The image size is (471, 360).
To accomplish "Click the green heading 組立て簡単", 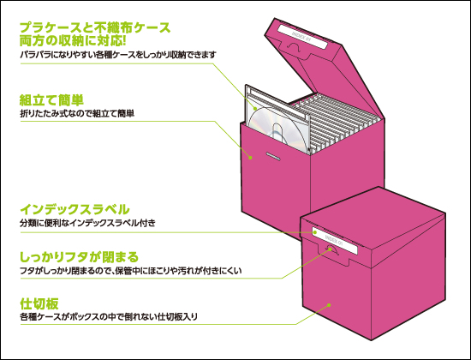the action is [51, 100].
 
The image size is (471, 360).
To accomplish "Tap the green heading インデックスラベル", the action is [75, 209].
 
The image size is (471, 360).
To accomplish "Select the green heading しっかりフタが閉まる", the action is [80, 257].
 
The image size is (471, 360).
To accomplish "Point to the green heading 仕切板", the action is [39, 303].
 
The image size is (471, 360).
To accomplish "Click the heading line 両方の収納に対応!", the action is [73, 41].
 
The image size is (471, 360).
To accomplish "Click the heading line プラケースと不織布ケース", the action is [95, 27].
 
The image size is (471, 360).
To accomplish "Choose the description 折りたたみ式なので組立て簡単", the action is [77, 114].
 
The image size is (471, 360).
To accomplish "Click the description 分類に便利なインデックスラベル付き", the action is [87, 223].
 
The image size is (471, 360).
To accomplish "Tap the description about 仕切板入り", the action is [109, 316].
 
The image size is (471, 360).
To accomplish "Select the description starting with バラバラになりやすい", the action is [118, 55].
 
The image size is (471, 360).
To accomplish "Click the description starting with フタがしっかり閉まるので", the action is [131, 271].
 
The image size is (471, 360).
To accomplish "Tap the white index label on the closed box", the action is [335, 241].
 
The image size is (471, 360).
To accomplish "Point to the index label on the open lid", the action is [302, 37].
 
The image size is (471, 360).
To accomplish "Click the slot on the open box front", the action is [273, 156].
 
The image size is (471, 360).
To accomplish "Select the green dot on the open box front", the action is [250, 158].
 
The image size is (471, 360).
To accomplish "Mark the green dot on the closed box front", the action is [329, 305].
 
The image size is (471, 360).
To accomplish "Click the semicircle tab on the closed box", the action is [331, 249].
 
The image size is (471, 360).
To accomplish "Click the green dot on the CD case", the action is [255, 108].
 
